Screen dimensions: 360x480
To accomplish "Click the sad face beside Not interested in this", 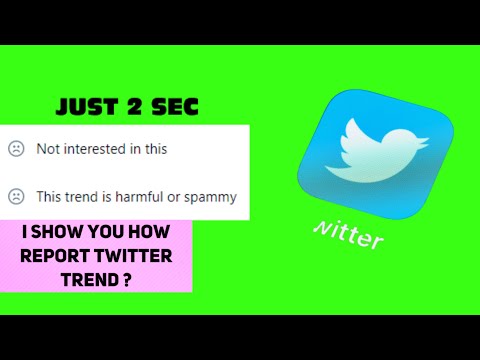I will click(x=16, y=149).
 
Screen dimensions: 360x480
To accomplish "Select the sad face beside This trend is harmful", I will click(x=16, y=197).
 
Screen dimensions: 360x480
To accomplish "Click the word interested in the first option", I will click(x=99, y=149).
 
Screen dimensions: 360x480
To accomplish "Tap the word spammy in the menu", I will click(x=213, y=197).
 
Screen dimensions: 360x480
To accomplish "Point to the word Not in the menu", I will click(x=47, y=149).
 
